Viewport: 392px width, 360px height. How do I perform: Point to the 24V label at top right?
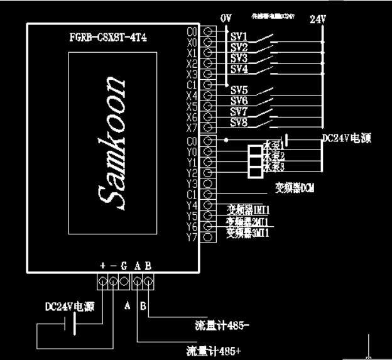point(318,19)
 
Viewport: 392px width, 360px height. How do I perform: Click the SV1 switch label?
point(239,36)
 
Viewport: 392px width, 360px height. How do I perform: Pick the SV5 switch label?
point(239,90)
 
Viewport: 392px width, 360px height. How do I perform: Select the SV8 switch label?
point(239,122)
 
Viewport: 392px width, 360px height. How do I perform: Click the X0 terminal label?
point(192,41)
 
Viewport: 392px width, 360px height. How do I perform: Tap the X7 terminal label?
point(192,128)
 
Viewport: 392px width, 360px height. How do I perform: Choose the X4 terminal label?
point(192,95)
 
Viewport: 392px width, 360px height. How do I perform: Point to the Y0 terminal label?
point(192,151)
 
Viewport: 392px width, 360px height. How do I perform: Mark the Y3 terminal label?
point(192,183)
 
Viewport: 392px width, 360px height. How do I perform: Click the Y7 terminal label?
point(192,237)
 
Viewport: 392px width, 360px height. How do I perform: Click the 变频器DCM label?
point(294,188)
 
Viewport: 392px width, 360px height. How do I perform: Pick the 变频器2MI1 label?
point(248,222)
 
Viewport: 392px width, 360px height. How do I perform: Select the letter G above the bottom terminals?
point(124,266)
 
